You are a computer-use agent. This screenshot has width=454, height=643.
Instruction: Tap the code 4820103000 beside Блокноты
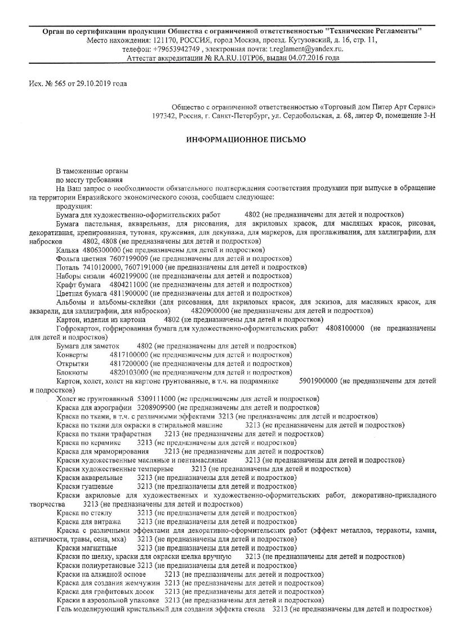(x=129, y=372)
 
